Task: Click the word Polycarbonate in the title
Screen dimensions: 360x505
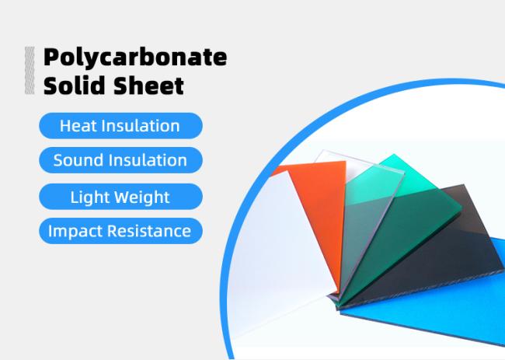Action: tap(135, 58)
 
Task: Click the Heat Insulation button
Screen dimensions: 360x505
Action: tap(120, 125)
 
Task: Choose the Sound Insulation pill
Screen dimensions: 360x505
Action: tap(120, 161)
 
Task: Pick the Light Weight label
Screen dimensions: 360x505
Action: tap(120, 196)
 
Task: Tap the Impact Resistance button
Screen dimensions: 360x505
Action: tap(120, 231)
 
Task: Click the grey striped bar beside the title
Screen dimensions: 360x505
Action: tap(30, 71)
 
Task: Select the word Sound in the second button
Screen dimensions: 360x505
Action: tap(77, 161)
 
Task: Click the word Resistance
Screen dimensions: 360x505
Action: tap(151, 231)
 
